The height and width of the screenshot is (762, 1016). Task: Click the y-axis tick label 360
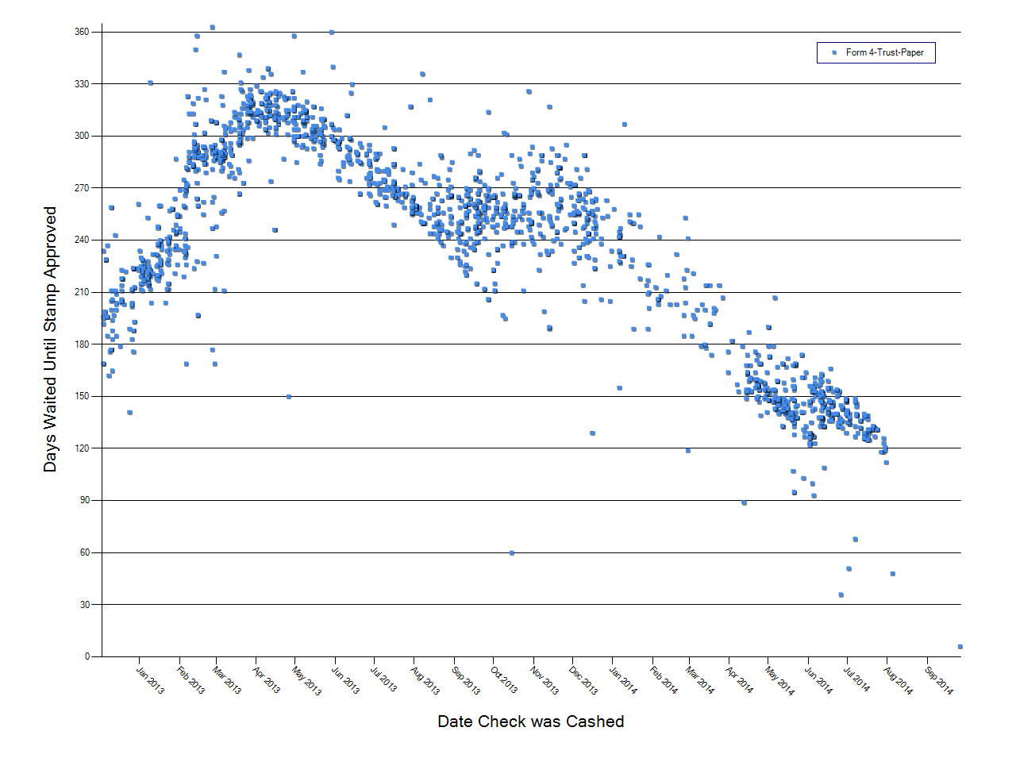[83, 32]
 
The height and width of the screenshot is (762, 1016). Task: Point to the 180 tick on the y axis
[83, 344]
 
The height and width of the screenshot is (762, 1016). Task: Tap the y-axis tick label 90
[85, 500]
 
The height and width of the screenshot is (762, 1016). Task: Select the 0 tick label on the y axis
[87, 656]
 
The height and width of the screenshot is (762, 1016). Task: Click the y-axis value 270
[83, 188]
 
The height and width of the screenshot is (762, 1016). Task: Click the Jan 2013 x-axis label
[149, 680]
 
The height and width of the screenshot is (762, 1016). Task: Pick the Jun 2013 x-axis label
[345, 680]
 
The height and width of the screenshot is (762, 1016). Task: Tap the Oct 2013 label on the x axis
[503, 680]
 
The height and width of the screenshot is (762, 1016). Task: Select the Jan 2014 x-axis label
[623, 680]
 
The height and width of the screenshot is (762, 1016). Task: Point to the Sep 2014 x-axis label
[938, 680]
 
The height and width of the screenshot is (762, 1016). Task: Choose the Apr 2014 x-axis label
[739, 680]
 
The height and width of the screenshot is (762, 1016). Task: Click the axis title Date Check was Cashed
[530, 722]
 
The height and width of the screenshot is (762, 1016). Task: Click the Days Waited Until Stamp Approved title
[50, 340]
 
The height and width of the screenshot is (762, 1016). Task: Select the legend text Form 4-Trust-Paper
[884, 52]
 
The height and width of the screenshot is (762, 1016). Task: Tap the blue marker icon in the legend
[833, 52]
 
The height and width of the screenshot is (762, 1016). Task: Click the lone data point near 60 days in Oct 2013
[511, 552]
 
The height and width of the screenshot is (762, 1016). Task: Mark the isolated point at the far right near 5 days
[960, 647]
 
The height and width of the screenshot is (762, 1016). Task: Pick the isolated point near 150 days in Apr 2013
[288, 396]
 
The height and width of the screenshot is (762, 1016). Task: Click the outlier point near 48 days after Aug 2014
[892, 573]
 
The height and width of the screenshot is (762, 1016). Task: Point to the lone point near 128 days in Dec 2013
[592, 433]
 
